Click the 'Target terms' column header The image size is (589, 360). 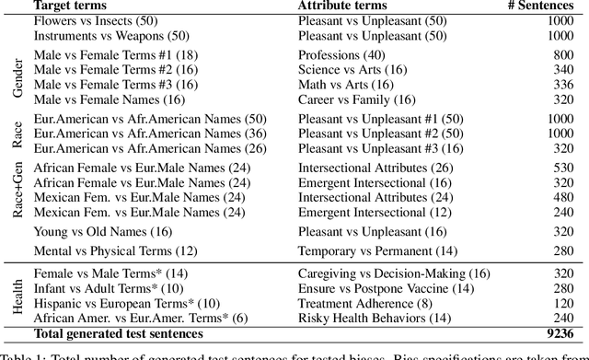(x=69, y=6)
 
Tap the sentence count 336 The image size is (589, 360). (x=560, y=85)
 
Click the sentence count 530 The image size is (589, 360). (x=560, y=168)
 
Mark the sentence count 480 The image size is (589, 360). (x=560, y=197)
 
